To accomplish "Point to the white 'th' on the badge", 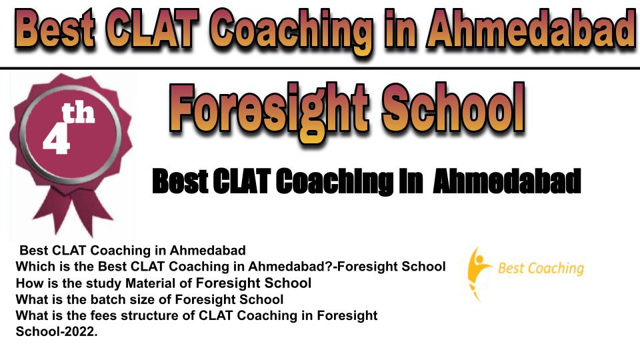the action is pos(78,113).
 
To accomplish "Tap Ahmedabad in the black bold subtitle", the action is pos(507,181).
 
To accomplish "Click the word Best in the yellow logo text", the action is pos(511,268).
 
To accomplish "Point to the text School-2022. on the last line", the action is pos(57,331).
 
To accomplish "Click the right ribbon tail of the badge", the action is pos(94,212).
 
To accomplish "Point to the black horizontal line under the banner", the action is pos(320,67).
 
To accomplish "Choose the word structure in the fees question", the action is pos(158,315).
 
